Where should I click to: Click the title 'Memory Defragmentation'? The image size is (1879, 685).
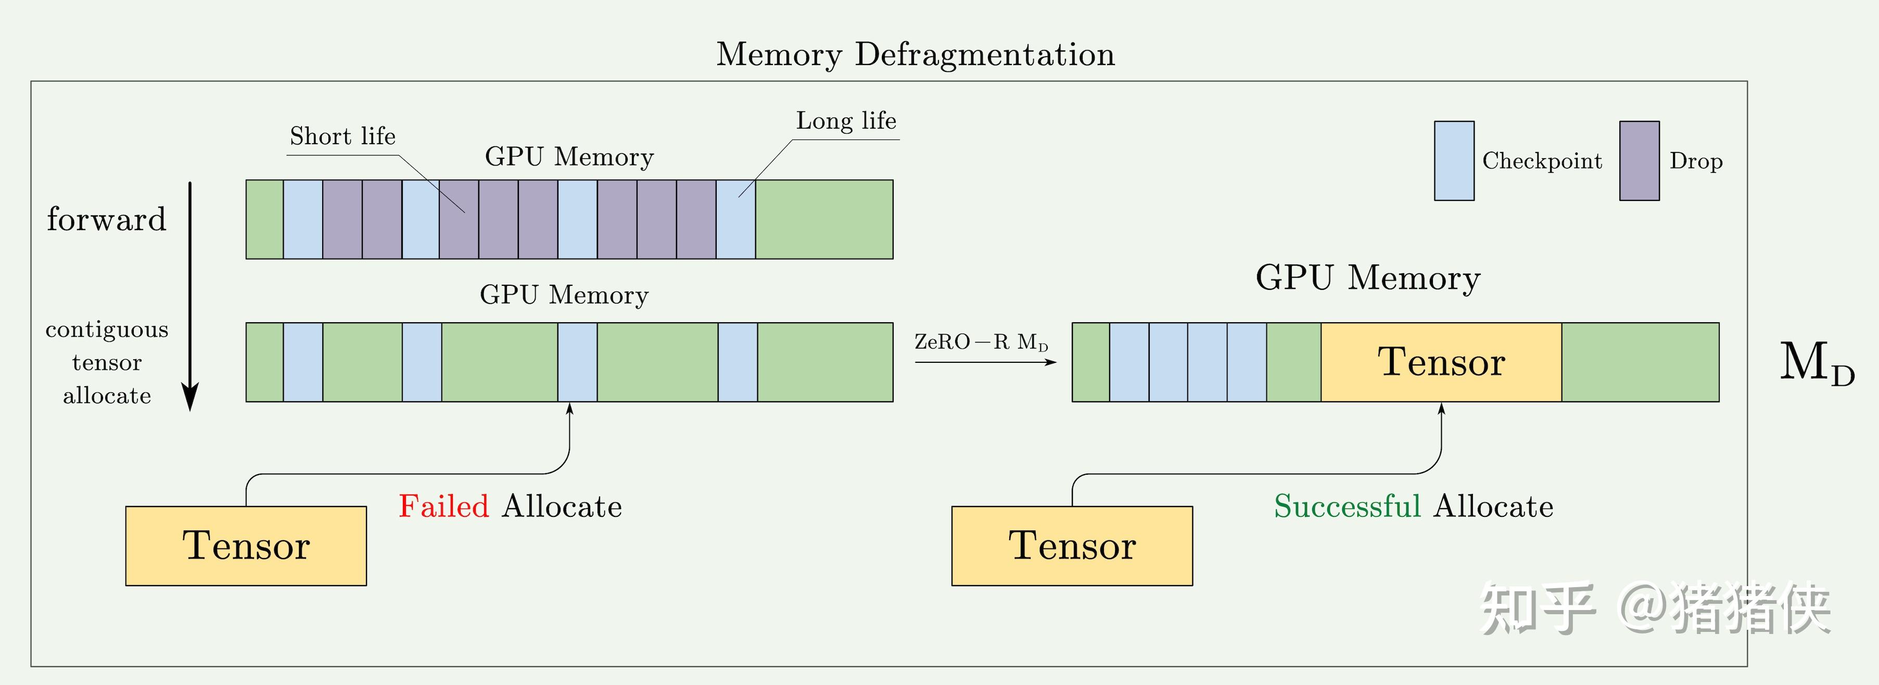916,55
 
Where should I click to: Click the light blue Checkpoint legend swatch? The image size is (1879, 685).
1454,160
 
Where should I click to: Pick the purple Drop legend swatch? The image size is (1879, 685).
1639,160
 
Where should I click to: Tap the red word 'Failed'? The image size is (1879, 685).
443,506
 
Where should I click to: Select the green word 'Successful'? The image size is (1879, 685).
1347,506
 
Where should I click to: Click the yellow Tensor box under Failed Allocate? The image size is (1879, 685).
246,546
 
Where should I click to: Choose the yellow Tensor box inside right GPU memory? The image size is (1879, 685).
1441,362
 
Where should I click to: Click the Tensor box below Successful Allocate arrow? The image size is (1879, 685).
1072,546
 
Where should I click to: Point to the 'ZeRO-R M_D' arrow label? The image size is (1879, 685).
981,341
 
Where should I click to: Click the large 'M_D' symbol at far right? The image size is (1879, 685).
1816,363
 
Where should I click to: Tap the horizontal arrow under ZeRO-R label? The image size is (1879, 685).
985,362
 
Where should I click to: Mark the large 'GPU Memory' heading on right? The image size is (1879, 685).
1368,278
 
